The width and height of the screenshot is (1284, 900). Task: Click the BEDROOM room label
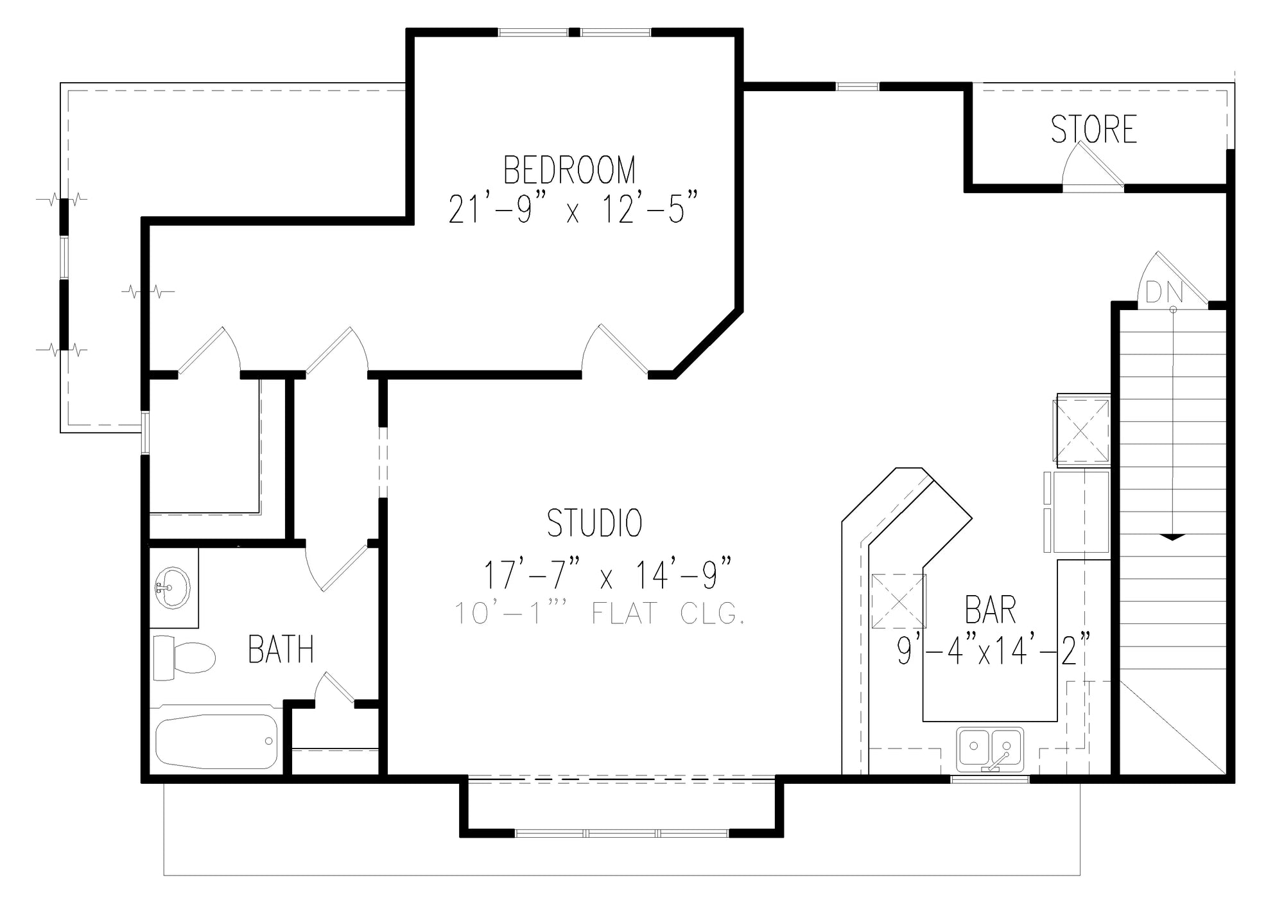click(x=569, y=170)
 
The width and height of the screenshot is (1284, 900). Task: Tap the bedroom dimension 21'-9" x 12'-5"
click(x=572, y=209)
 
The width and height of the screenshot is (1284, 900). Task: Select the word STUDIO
click(x=594, y=523)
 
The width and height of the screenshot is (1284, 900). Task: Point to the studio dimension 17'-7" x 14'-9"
click(x=607, y=574)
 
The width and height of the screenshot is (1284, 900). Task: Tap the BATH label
click(x=281, y=650)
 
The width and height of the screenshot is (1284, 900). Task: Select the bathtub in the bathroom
click(x=216, y=741)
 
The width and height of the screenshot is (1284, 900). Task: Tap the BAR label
click(x=991, y=610)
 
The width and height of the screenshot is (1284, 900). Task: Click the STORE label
click(x=1094, y=129)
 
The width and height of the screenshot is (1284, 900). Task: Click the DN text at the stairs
click(x=1164, y=293)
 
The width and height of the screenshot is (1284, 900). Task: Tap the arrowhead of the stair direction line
click(x=1173, y=537)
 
